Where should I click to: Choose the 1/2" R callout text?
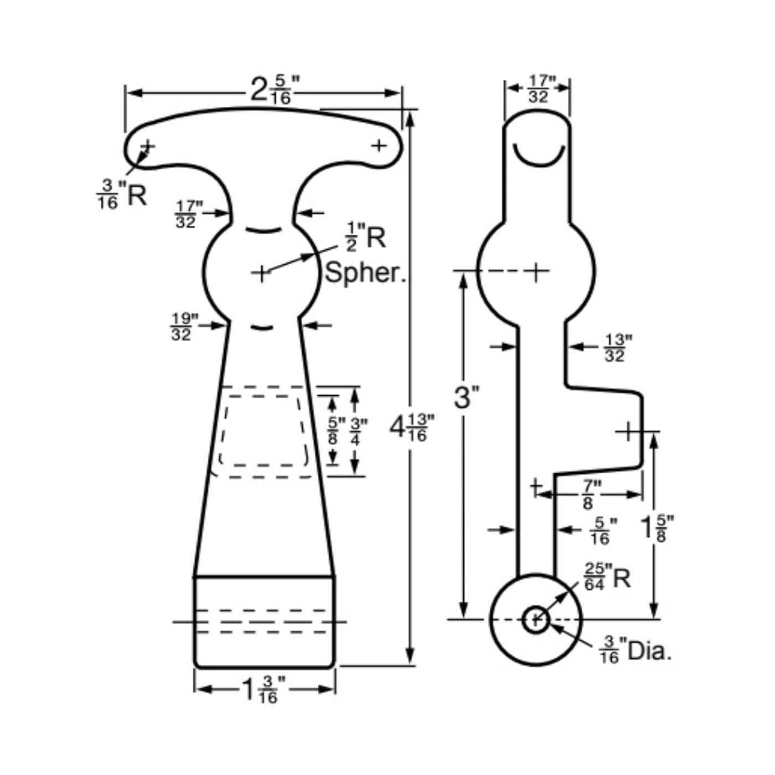click(365, 237)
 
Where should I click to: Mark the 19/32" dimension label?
click(184, 327)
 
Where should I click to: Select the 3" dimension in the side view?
click(466, 397)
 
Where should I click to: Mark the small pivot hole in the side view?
click(535, 619)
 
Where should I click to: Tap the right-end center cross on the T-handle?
click(379, 146)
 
